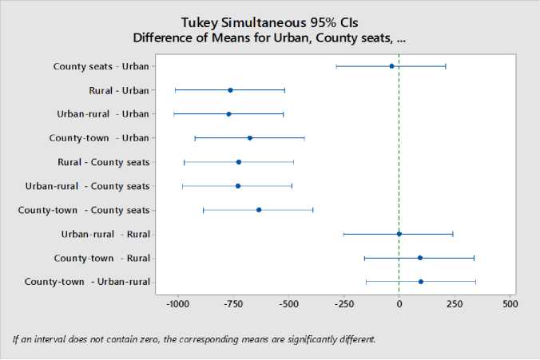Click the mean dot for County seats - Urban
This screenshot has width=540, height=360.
pyautogui.click(x=391, y=66)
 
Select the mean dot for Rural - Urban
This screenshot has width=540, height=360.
pyautogui.click(x=230, y=90)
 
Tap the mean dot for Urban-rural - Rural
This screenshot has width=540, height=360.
pyautogui.click(x=399, y=234)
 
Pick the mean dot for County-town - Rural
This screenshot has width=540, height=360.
pyautogui.click(x=420, y=258)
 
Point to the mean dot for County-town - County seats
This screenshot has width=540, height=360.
pyautogui.click(x=259, y=210)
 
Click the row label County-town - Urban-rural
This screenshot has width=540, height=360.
pyautogui.click(x=87, y=282)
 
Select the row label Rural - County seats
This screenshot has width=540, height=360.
pyautogui.click(x=103, y=162)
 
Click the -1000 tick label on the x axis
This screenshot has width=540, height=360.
pyautogui.click(x=177, y=304)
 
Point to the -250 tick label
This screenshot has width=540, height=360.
pyautogui.click(x=343, y=304)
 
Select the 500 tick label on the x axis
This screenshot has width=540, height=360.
pyautogui.click(x=510, y=304)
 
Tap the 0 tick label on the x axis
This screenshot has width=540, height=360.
pyautogui.click(x=399, y=304)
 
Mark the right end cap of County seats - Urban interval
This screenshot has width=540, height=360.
pyautogui.click(x=446, y=66)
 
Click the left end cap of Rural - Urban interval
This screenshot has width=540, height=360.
pyautogui.click(x=175, y=90)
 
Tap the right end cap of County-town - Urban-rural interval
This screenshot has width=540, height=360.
pyautogui.click(x=475, y=282)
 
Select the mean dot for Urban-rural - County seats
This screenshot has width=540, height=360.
pyautogui.click(x=238, y=186)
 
